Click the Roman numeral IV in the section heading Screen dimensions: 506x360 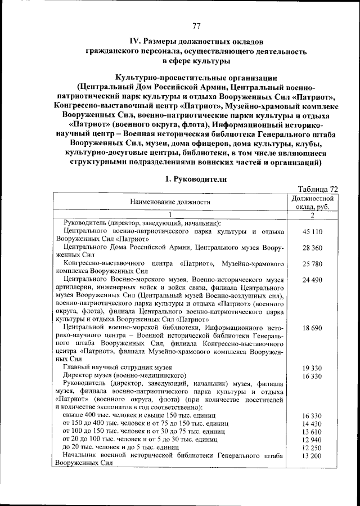point(134,42)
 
